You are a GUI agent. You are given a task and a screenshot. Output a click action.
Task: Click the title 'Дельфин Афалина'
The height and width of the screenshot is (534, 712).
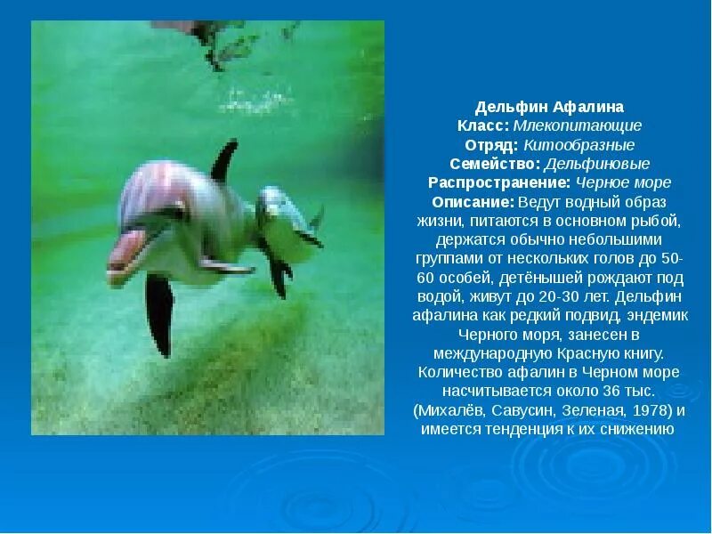tap(549, 107)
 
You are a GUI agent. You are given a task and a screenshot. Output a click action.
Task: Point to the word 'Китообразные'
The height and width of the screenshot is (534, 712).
tap(578, 145)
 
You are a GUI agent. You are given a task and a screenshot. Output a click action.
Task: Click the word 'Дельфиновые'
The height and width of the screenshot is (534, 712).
tap(596, 164)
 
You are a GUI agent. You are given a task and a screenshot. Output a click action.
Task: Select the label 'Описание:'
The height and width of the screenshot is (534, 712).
tap(467, 202)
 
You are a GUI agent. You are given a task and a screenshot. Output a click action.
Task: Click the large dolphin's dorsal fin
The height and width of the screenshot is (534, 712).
tap(223, 160)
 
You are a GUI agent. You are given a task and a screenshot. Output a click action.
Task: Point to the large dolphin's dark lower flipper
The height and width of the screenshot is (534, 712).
tap(159, 313)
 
